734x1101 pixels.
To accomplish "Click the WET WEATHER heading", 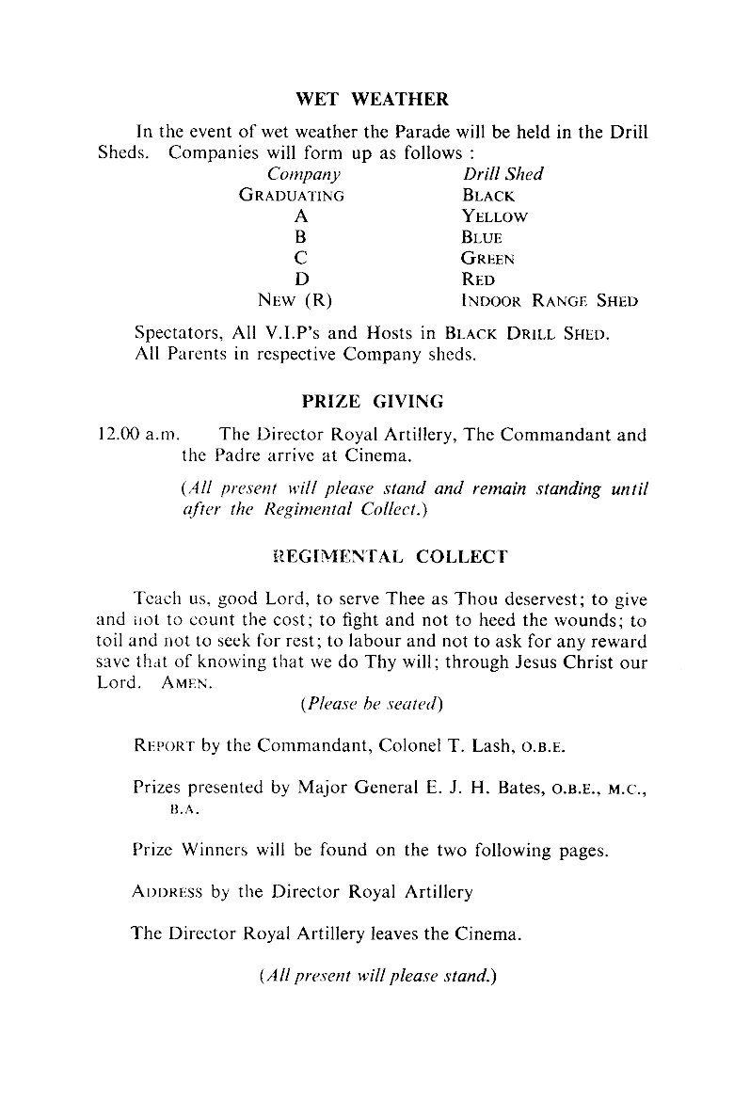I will (372, 99).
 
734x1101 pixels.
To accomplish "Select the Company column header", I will (303, 174).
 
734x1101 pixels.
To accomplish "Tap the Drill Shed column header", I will (503, 174).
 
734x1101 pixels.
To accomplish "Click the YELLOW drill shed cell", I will (495, 216).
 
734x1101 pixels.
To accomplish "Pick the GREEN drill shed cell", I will (488, 258).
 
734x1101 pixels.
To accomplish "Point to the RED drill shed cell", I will (478, 279).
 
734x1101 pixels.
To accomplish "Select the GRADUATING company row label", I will (292, 196).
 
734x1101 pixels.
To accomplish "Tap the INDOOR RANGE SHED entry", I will (550, 301).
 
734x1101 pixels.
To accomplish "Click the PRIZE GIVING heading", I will (373, 401).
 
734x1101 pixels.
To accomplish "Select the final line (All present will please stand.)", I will (376, 976).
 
